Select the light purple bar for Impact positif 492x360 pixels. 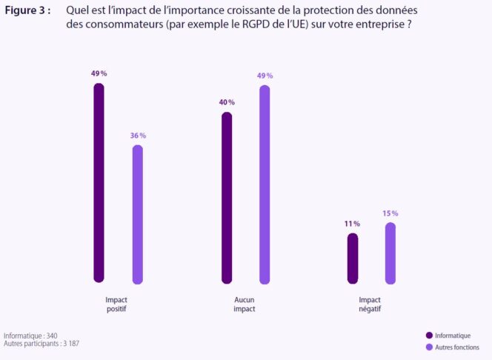pos(137,214)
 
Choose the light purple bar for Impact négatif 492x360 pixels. pos(390,253)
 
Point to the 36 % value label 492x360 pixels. pos(137,136)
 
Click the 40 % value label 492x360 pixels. pos(227,102)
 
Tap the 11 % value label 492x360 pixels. pos(352,224)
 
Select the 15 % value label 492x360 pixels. pos(390,213)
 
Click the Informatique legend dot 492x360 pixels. pos(430,336)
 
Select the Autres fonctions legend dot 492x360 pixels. pos(430,347)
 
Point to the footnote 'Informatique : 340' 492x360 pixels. pos(30,336)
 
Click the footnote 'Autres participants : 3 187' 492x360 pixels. pos(41,344)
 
